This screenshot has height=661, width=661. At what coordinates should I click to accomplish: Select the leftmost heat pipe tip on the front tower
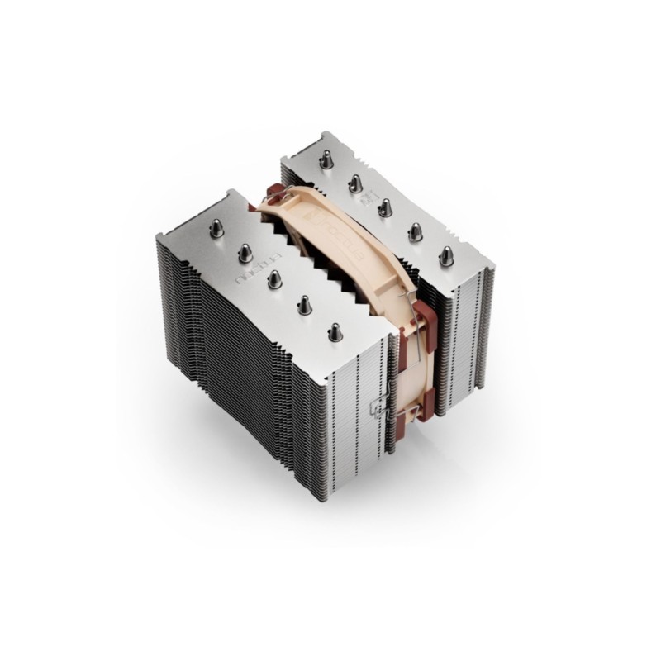coord(216,228)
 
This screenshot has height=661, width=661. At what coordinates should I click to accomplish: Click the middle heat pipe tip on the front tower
coord(273,280)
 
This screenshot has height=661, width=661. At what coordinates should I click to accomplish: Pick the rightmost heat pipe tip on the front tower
coord(335,332)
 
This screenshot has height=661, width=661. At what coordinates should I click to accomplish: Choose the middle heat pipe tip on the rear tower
coord(384,207)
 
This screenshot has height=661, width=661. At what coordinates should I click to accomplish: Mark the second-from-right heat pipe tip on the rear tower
coord(415,231)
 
